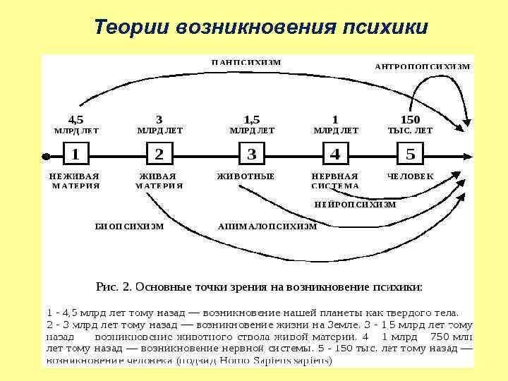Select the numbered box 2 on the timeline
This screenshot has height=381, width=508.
(x=159, y=154)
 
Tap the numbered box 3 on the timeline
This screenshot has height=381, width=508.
(x=252, y=154)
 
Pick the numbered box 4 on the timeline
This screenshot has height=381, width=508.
(x=334, y=154)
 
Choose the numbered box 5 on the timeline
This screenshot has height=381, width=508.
(x=411, y=154)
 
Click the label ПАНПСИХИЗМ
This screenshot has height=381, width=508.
(x=246, y=62)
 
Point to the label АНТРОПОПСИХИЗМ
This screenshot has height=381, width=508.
(x=423, y=66)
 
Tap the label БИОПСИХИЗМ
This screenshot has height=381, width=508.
(x=130, y=226)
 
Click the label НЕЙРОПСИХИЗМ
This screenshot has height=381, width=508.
(x=356, y=205)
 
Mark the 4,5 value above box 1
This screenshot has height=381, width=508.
(x=75, y=119)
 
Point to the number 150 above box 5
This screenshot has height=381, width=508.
(x=411, y=119)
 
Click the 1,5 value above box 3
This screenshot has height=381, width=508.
(x=252, y=119)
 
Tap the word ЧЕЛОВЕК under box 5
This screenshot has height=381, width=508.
(x=411, y=176)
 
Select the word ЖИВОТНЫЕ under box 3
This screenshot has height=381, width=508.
(x=246, y=176)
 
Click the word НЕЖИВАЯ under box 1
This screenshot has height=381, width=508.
(x=75, y=176)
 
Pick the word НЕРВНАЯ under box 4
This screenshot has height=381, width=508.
(x=335, y=176)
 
